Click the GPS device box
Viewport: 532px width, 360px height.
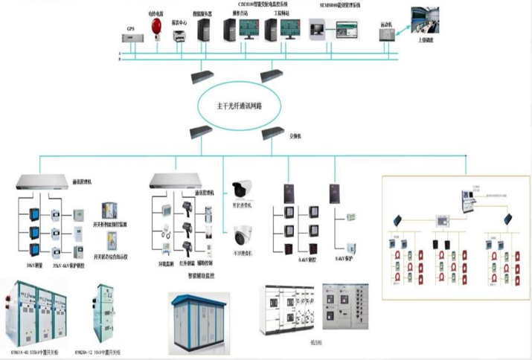pos(132,38)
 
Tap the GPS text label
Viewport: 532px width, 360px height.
pos(131,28)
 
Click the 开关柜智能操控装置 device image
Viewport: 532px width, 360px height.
pos(109,209)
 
